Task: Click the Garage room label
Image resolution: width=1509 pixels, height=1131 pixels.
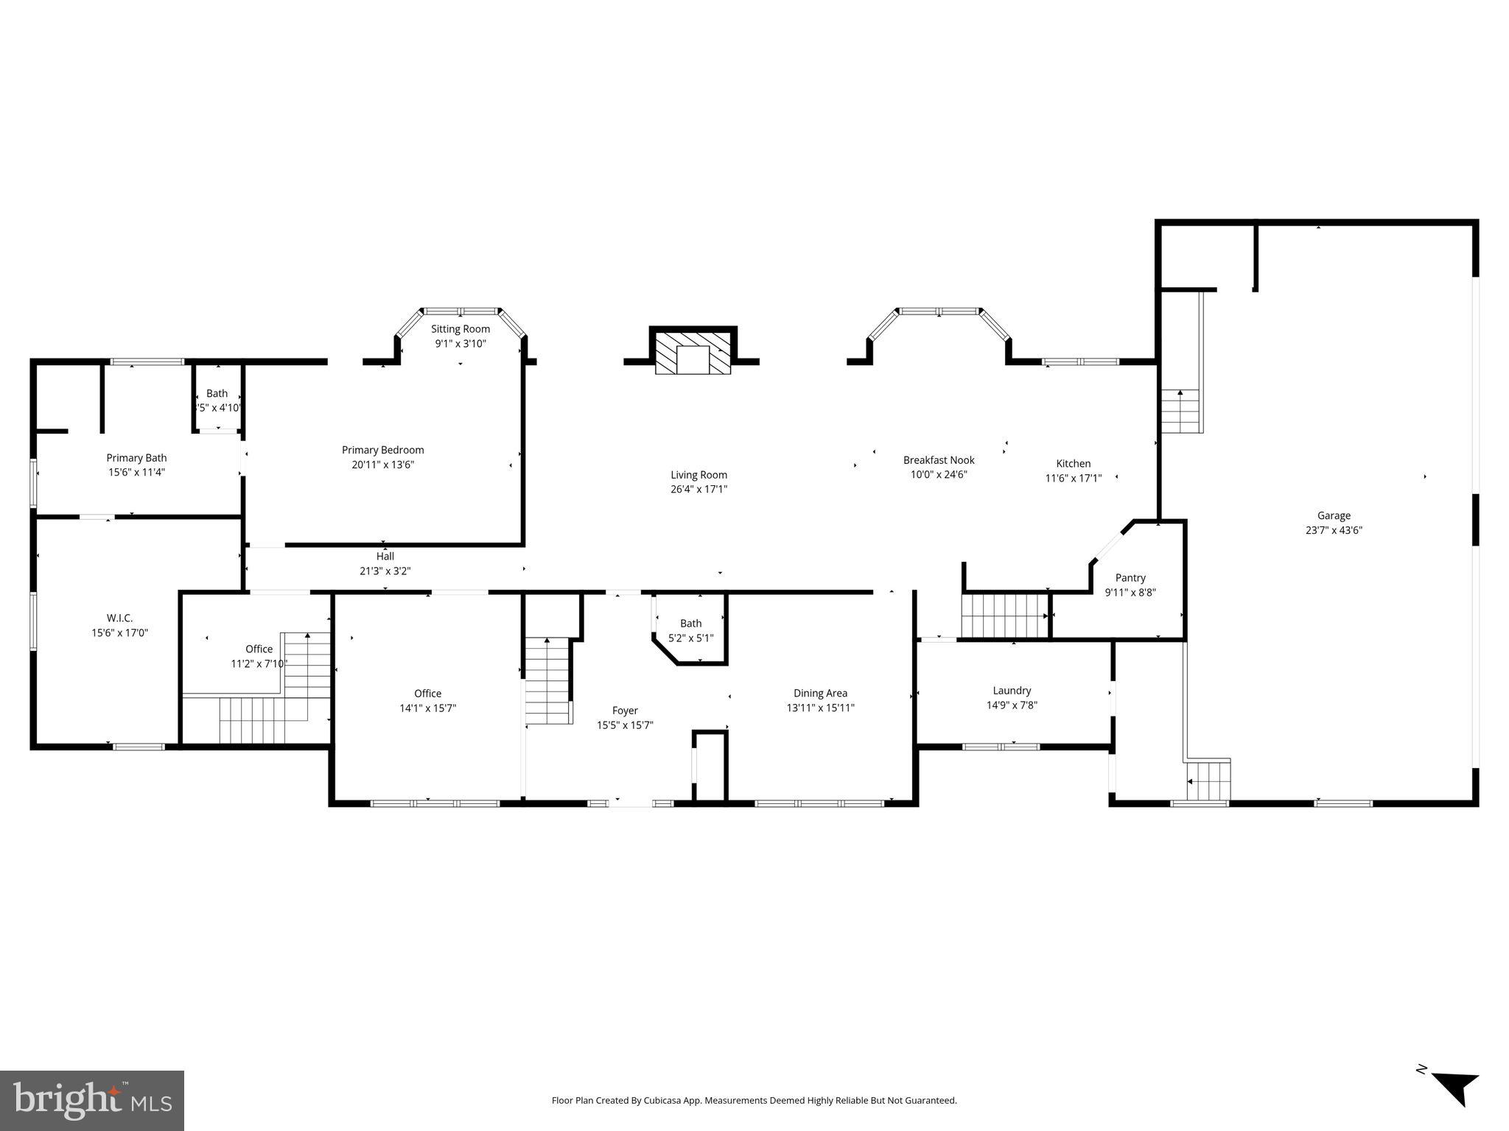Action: coord(1334,515)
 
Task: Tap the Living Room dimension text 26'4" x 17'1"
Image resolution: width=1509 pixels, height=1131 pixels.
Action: coord(699,489)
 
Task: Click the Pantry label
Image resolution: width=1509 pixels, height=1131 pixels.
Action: coord(1130,578)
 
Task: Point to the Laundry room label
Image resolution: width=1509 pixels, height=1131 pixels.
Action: coord(1012,691)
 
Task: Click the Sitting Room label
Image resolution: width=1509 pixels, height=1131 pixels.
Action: coord(461,329)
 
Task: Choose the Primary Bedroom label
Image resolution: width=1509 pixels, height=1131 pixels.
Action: coord(382,450)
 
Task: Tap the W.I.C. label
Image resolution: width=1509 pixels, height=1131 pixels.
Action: coord(120,618)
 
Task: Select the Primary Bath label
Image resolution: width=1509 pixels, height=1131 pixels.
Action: coord(136,458)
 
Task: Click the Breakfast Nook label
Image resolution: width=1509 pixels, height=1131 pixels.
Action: coord(939,460)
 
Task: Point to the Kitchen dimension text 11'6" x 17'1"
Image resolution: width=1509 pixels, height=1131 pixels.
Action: coord(1073,478)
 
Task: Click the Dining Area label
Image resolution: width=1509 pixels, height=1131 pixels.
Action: coord(820,693)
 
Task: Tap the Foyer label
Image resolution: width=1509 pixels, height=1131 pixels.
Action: coord(625,711)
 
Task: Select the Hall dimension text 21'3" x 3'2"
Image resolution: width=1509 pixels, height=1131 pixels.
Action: coord(385,571)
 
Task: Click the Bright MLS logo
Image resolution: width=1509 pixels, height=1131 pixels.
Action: coord(92,1100)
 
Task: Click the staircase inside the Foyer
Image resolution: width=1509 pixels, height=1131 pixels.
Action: coord(547,681)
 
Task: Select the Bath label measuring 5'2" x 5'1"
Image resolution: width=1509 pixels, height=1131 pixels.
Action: coord(690,624)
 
